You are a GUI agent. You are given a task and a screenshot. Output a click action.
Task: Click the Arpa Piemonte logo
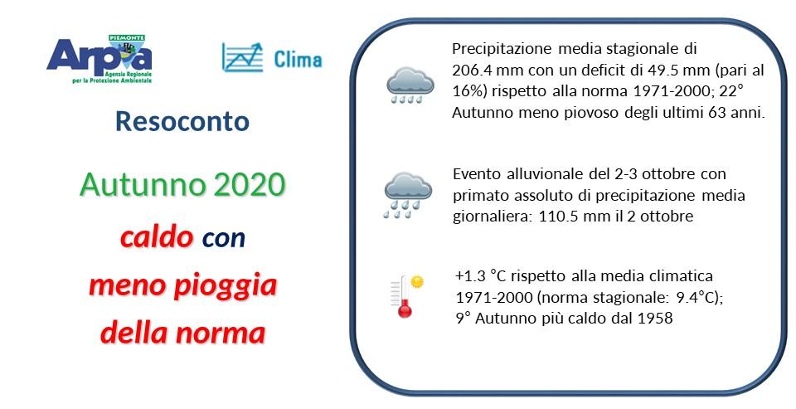tap(99, 58)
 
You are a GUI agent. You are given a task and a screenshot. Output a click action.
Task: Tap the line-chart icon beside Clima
tap(242, 57)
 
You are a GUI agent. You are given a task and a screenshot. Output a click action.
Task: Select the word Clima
tap(298, 60)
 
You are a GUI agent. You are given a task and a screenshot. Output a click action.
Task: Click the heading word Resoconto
tap(182, 121)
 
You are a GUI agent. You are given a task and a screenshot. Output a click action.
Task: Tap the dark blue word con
tap(224, 239)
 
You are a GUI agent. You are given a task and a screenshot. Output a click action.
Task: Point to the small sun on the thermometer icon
tap(417, 282)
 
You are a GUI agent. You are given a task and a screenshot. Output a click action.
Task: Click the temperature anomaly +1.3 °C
tap(479, 275)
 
